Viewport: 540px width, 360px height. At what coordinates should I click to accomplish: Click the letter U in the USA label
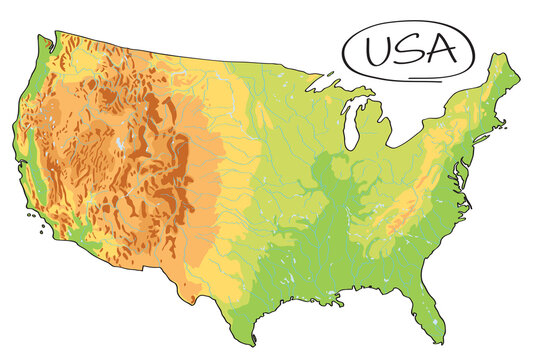point(378,50)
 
